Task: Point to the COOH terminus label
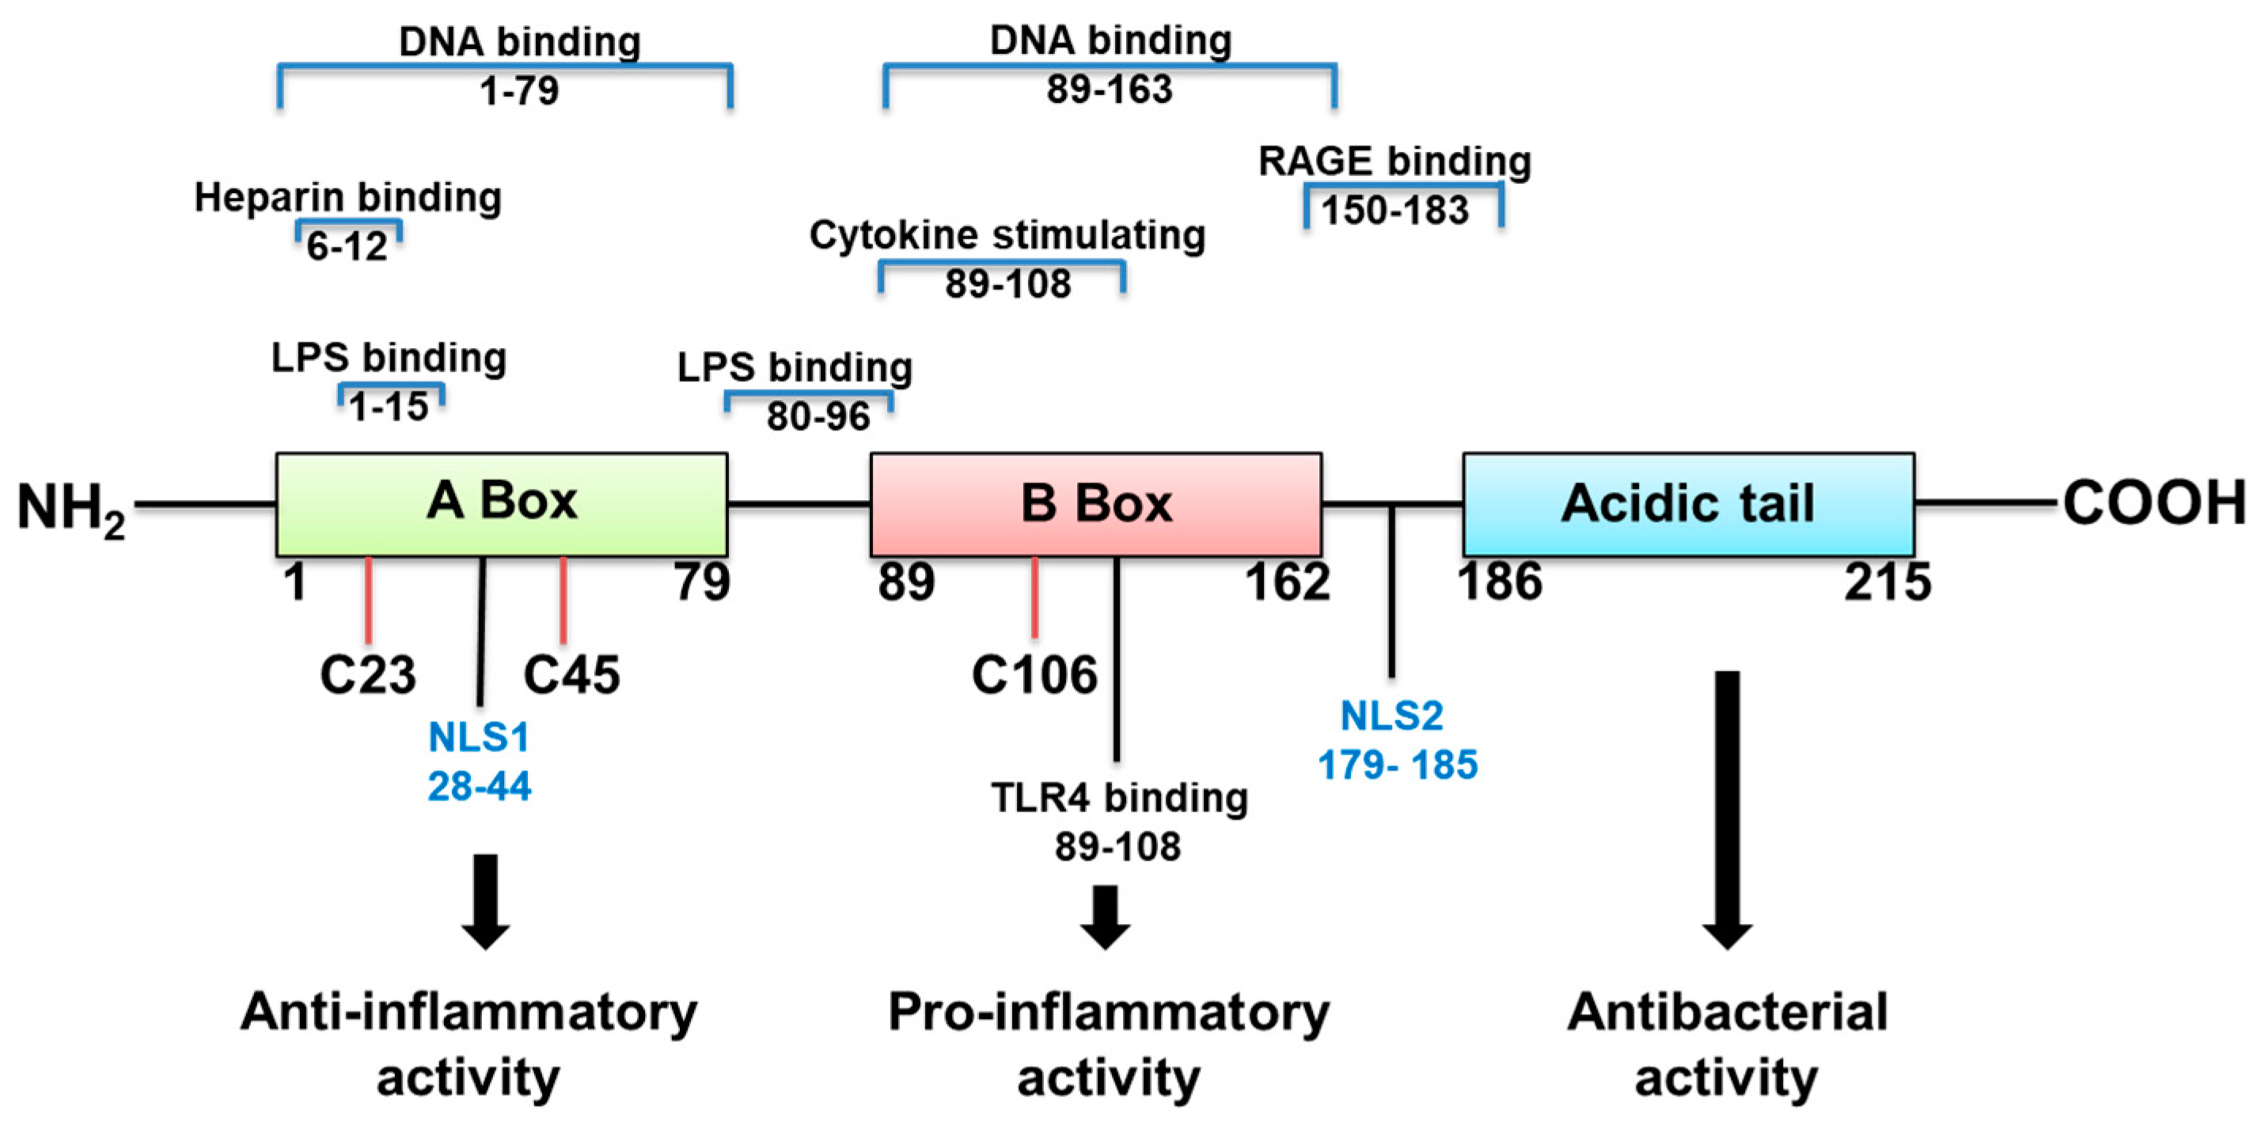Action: point(2153,504)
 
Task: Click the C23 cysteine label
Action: point(367,675)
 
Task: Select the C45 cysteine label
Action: point(571,675)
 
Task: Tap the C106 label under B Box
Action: point(1034,675)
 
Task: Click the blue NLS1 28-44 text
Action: point(480,761)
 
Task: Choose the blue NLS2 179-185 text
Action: point(1396,740)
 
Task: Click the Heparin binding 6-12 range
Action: point(347,246)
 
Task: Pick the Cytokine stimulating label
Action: point(1007,236)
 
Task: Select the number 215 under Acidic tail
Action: point(1887,581)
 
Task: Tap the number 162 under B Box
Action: point(1288,581)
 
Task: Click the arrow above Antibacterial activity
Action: point(1727,808)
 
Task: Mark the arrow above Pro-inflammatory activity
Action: point(1106,917)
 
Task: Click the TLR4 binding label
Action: point(1118,798)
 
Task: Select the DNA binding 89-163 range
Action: point(1109,89)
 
